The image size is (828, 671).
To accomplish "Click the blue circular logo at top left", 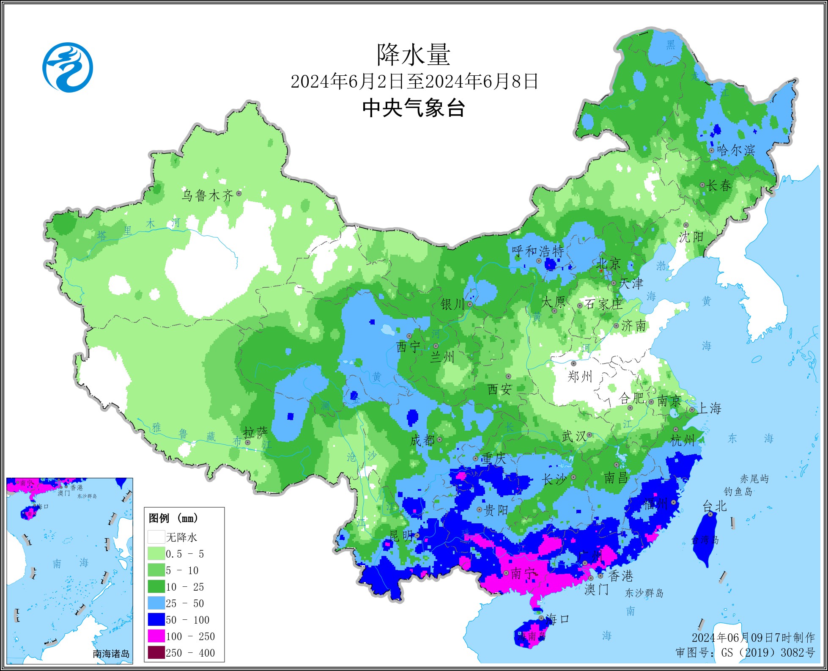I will (x=68, y=67).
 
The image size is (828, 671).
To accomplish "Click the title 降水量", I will (x=413, y=55).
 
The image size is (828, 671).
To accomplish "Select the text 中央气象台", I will (x=413, y=108).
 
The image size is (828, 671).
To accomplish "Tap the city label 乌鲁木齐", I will (x=207, y=195).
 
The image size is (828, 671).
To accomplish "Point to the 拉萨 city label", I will (x=255, y=432).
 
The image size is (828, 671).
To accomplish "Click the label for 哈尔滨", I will (x=736, y=150).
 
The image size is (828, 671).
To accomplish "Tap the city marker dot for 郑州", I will (x=574, y=363).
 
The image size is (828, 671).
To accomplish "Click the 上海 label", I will (x=709, y=408).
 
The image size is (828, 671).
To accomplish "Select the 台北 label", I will (x=714, y=506).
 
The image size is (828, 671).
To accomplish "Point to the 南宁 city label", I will (x=524, y=574).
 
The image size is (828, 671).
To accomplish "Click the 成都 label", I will (x=422, y=440).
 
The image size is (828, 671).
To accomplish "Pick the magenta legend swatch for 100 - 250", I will (x=156, y=636).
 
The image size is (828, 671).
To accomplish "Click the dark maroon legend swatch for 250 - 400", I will (x=156, y=653).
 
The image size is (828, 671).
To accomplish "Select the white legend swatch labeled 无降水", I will (x=156, y=537).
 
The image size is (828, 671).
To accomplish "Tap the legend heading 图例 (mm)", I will (x=173, y=518).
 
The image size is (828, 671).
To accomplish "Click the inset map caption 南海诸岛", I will (x=111, y=654).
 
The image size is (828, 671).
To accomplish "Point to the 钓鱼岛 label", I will (x=738, y=492).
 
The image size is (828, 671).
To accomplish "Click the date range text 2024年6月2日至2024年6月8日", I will (x=413, y=82).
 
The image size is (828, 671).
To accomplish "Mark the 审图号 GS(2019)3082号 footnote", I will (x=745, y=653).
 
